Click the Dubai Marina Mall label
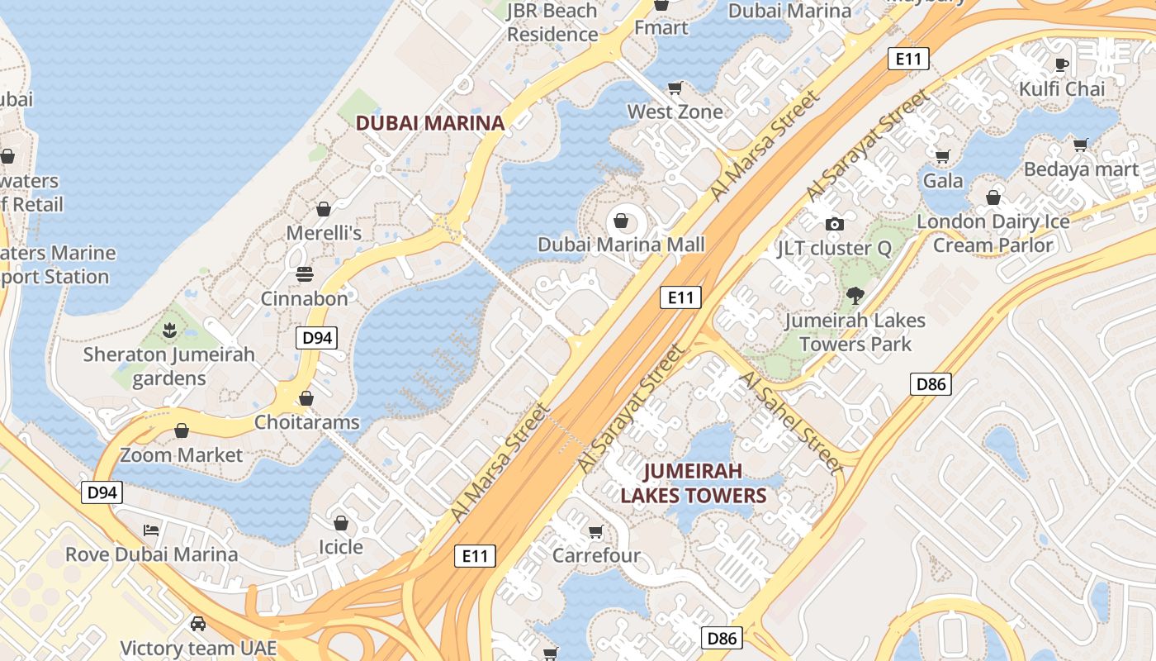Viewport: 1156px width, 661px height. [x=621, y=245]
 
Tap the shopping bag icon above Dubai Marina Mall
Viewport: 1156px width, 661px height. [x=621, y=221]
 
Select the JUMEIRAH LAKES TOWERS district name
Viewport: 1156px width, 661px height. [x=694, y=483]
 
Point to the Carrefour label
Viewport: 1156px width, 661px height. [x=596, y=555]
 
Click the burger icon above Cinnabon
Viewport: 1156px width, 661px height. [x=305, y=274]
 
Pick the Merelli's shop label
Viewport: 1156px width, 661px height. [x=324, y=233]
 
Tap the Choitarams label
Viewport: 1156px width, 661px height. [x=306, y=422]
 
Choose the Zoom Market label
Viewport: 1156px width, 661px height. [x=182, y=454]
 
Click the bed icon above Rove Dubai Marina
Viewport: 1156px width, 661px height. [x=151, y=530]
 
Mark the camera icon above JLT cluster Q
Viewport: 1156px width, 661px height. [x=835, y=224]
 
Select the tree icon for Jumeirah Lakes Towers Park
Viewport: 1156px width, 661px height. [x=855, y=295]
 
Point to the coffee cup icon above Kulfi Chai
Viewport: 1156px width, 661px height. [x=1062, y=64]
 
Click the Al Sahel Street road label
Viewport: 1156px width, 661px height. [x=791, y=421]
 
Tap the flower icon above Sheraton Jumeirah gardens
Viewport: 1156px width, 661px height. [x=169, y=330]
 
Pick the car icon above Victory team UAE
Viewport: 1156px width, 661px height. [x=198, y=623]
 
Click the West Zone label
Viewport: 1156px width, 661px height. [x=675, y=112]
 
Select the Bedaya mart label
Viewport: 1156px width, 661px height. [x=1081, y=169]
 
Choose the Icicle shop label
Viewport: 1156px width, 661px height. [x=341, y=547]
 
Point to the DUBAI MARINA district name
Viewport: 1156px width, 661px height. [x=429, y=123]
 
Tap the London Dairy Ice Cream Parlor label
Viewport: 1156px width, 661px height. [x=993, y=233]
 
